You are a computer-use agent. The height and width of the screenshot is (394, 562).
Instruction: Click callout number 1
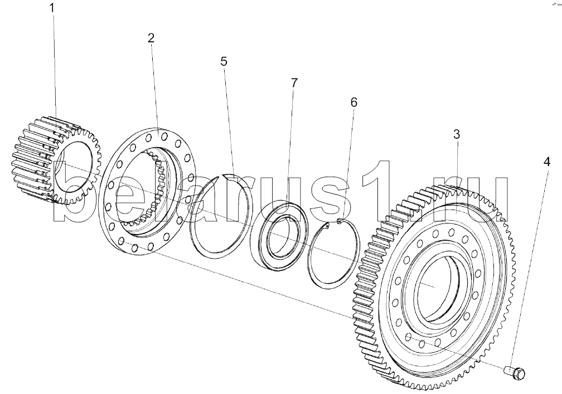pyautogui.click(x=52, y=8)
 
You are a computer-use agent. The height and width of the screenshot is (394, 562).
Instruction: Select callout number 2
pyautogui.click(x=151, y=38)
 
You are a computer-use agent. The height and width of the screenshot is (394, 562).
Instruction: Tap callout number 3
pyautogui.click(x=456, y=134)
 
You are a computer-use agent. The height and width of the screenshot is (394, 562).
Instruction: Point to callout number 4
pyautogui.click(x=546, y=162)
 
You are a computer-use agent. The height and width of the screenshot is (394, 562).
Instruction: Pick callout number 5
pyautogui.click(x=224, y=61)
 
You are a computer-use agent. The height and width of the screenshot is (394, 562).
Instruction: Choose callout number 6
pyautogui.click(x=353, y=103)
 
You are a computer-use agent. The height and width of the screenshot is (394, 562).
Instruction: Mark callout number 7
pyautogui.click(x=294, y=83)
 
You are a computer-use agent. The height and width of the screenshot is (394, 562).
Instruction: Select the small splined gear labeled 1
pyautogui.click(x=56, y=160)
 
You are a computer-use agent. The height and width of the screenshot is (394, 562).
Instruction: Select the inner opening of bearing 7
pyautogui.click(x=281, y=237)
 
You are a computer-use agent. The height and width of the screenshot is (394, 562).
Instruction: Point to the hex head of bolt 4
pyautogui.click(x=520, y=373)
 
